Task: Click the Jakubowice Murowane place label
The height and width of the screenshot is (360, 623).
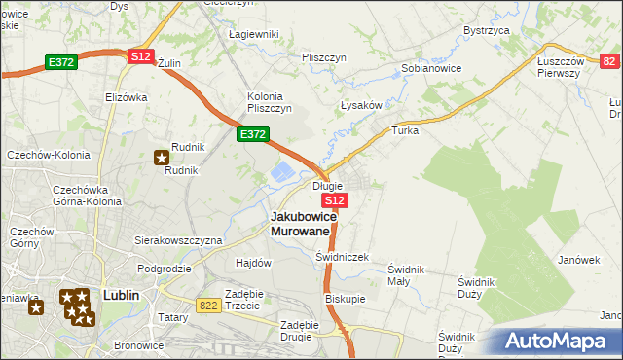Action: tap(304, 224)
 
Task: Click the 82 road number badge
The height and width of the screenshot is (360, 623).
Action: tap(609, 61)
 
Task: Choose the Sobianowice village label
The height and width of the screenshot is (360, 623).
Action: tap(431, 69)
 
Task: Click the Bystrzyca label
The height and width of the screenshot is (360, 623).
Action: tap(488, 30)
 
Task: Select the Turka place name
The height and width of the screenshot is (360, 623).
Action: tap(404, 129)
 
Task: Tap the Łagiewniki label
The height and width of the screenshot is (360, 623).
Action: tap(253, 34)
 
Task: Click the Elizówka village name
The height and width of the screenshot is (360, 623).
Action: tap(126, 97)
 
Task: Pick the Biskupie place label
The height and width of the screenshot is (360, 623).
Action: tap(346, 299)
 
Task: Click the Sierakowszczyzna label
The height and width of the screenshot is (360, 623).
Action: tap(178, 239)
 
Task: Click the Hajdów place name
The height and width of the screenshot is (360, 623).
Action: tap(253, 263)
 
